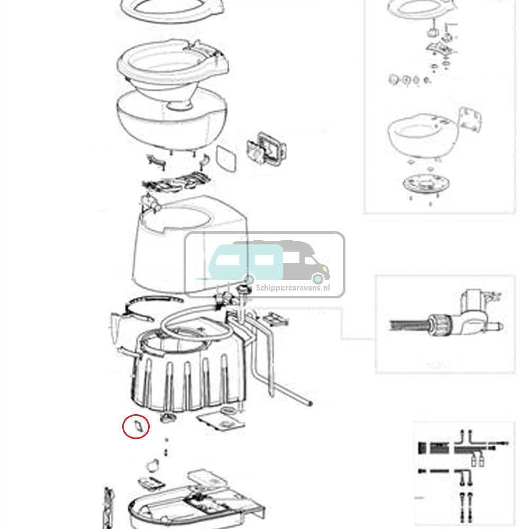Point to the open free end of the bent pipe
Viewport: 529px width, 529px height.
(308, 403)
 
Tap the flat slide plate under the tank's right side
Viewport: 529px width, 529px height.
(222, 421)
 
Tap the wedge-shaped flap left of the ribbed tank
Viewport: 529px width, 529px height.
(115, 327)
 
